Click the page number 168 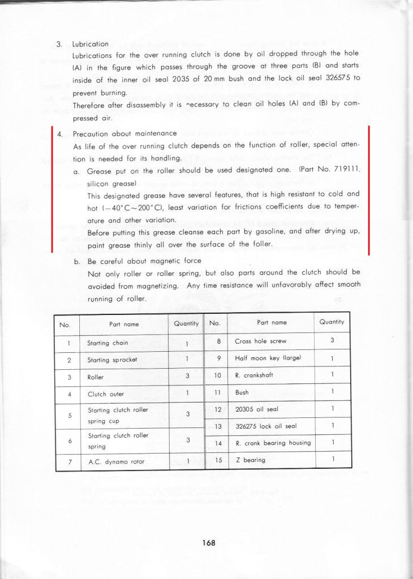pyautogui.click(x=208, y=543)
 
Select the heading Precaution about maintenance pyautogui.click(x=125, y=134)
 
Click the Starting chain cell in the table pyautogui.click(x=107, y=343)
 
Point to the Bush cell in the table pyautogui.click(x=242, y=391)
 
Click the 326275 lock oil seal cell pyautogui.click(x=263, y=426)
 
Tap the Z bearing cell pyautogui.click(x=249, y=460)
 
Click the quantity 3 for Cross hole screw pyautogui.click(x=332, y=341)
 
